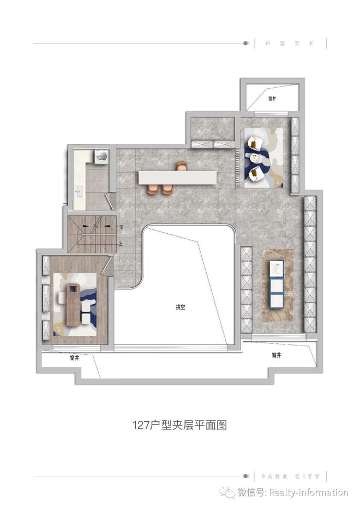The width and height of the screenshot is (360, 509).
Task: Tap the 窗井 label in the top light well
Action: click(272, 99)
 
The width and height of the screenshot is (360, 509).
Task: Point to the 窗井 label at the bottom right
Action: click(276, 355)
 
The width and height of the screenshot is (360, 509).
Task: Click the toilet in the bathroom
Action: click(100, 156)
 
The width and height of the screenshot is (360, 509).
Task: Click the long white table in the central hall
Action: click(177, 177)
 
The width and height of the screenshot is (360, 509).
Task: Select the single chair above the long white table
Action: click(181, 166)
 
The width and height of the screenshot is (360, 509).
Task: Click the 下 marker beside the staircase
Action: click(121, 228)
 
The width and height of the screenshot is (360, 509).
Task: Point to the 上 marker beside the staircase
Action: click(121, 244)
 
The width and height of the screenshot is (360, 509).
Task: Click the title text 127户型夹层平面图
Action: click(179, 425)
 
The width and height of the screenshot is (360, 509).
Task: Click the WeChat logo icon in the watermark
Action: click(229, 493)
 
